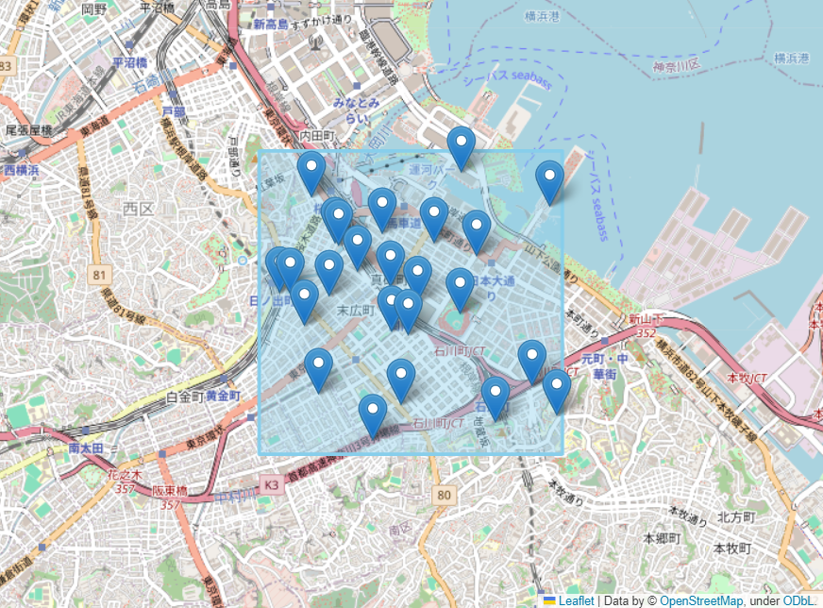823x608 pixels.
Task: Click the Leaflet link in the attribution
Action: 576,600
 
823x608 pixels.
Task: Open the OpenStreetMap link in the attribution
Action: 701,600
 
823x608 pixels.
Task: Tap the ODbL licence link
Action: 799,600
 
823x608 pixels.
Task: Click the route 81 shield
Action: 100,275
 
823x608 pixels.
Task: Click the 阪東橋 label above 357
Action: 170,492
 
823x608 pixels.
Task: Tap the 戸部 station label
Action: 173,111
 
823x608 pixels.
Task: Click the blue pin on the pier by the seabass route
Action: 549,179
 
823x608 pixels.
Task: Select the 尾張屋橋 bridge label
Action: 27,129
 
